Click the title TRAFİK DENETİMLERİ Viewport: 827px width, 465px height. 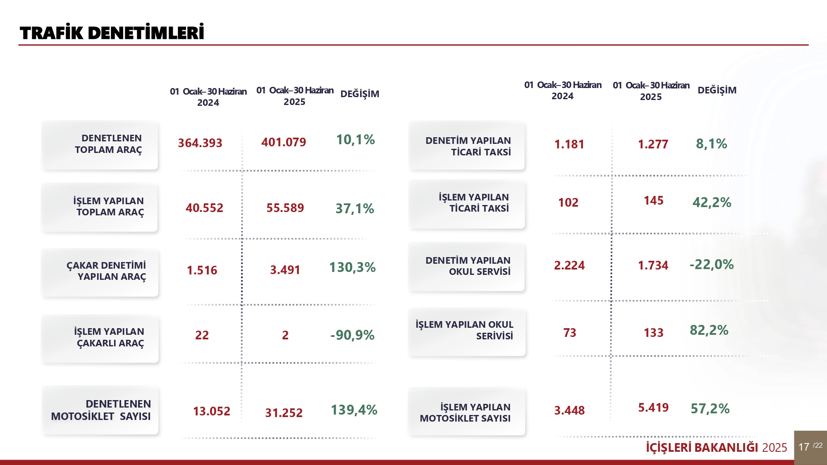[x=112, y=33]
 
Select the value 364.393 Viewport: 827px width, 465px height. [x=200, y=143]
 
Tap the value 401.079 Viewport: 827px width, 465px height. [x=284, y=142]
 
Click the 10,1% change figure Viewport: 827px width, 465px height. [x=355, y=140]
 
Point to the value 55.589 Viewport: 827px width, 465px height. [x=285, y=208]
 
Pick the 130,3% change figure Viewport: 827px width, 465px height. [x=352, y=267]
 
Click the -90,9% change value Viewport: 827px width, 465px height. [x=352, y=335]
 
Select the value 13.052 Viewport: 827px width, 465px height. [x=211, y=411]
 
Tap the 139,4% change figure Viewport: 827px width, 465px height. [x=354, y=410]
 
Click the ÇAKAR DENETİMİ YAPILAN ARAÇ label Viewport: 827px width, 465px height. [x=106, y=271]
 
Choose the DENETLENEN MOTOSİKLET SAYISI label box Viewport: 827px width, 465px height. [x=100, y=410]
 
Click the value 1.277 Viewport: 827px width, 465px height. [x=653, y=144]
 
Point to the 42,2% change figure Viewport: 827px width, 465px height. [x=712, y=203]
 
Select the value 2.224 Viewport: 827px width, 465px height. [x=569, y=265]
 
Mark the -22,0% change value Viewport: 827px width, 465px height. [x=711, y=265]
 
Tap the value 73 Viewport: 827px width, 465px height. [x=569, y=333]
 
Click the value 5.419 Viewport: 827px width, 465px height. [x=653, y=408]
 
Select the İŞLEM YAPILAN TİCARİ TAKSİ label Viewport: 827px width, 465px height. [x=473, y=203]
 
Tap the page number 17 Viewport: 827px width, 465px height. [x=804, y=447]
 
